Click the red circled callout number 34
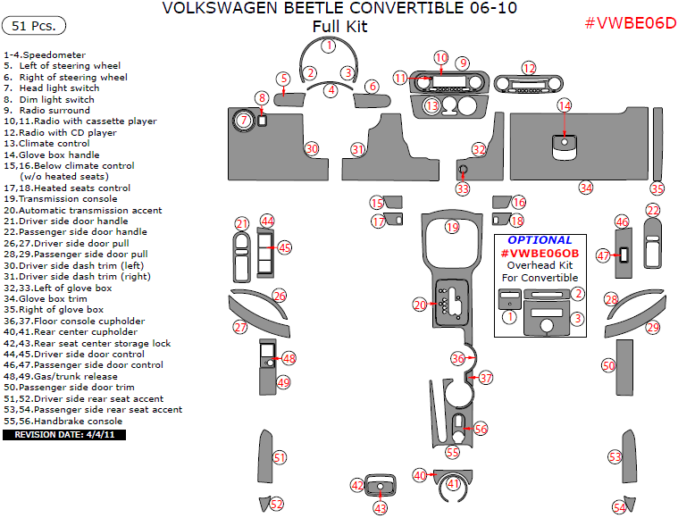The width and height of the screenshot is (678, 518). click(x=585, y=188)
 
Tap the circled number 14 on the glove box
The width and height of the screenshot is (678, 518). click(x=564, y=105)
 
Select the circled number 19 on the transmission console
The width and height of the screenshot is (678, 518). click(x=452, y=227)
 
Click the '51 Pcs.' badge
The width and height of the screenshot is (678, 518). click(x=34, y=25)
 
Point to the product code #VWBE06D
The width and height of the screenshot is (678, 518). click(x=630, y=23)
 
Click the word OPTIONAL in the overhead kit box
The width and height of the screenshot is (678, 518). click(x=540, y=240)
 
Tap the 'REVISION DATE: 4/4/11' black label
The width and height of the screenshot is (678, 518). click(x=64, y=435)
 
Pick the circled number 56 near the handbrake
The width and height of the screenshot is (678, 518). click(x=481, y=429)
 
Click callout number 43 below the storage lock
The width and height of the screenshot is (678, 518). click(x=381, y=507)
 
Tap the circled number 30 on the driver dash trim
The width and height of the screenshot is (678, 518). click(x=312, y=148)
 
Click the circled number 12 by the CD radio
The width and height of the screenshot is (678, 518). click(x=529, y=68)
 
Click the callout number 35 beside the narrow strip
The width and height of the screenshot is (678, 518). click(x=657, y=188)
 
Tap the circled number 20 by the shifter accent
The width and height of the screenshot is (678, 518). click(x=420, y=305)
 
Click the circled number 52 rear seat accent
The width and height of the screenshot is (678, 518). click(x=277, y=505)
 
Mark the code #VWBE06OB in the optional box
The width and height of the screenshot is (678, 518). click(x=540, y=254)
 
